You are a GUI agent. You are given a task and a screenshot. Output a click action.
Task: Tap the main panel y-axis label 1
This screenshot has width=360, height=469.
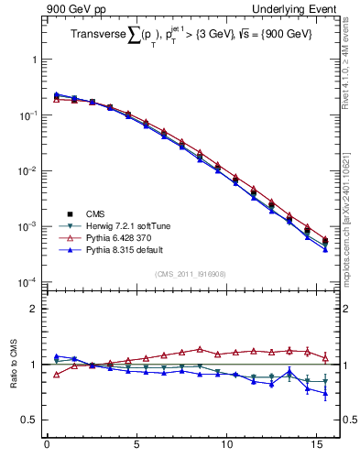tap(34, 60)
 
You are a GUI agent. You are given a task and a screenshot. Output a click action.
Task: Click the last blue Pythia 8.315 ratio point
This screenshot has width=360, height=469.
tap(325, 394)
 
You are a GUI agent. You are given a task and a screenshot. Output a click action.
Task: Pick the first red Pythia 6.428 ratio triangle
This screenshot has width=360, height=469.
tap(56, 374)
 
